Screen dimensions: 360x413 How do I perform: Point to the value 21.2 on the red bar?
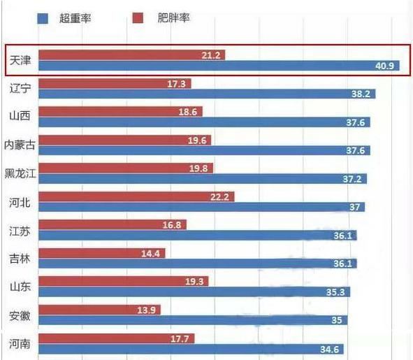click(x=211, y=54)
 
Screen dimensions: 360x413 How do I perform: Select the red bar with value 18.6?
click(x=119, y=111)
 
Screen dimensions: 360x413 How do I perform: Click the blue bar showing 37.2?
click(x=203, y=179)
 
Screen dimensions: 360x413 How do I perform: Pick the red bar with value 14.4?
click(x=101, y=253)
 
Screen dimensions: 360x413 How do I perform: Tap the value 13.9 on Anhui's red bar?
click(x=148, y=310)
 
